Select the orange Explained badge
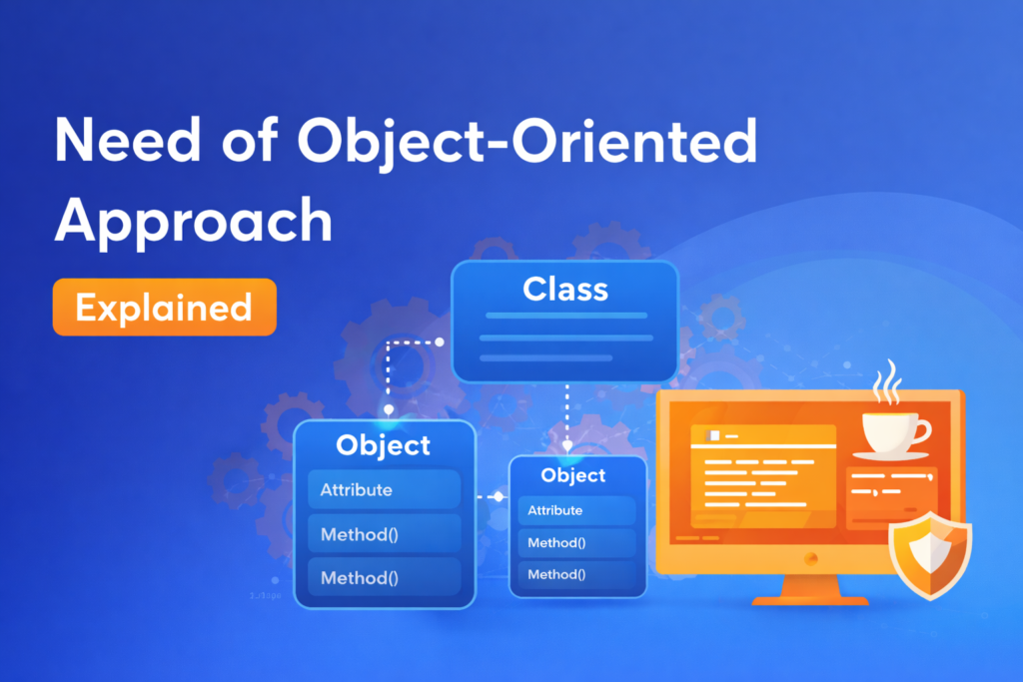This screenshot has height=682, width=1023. (165, 307)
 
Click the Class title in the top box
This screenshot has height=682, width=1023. (564, 290)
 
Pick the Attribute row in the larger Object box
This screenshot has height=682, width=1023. (384, 490)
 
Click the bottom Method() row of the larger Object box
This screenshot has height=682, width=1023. (384, 577)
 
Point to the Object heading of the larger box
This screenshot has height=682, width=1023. (384, 445)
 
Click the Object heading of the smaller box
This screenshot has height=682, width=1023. (573, 475)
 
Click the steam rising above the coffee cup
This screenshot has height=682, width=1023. (886, 388)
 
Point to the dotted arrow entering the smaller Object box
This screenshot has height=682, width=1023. (567, 439)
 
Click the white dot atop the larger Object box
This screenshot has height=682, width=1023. (389, 409)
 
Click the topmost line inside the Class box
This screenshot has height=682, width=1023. (564, 318)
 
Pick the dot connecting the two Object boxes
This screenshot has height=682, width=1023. (498, 496)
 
